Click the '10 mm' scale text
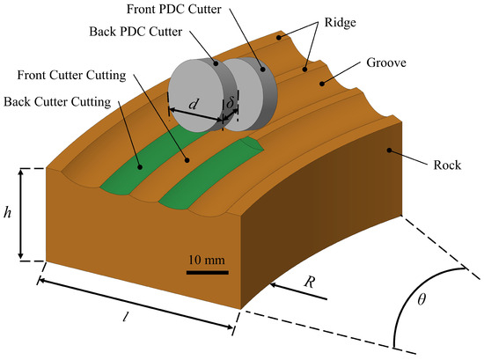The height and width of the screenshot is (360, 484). click(x=207, y=259)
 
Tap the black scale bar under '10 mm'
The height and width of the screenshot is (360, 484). click(x=207, y=272)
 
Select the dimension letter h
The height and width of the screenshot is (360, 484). click(x=9, y=213)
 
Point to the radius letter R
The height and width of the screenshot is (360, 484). click(x=309, y=283)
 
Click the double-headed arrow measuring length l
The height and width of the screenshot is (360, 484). click(x=136, y=305)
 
